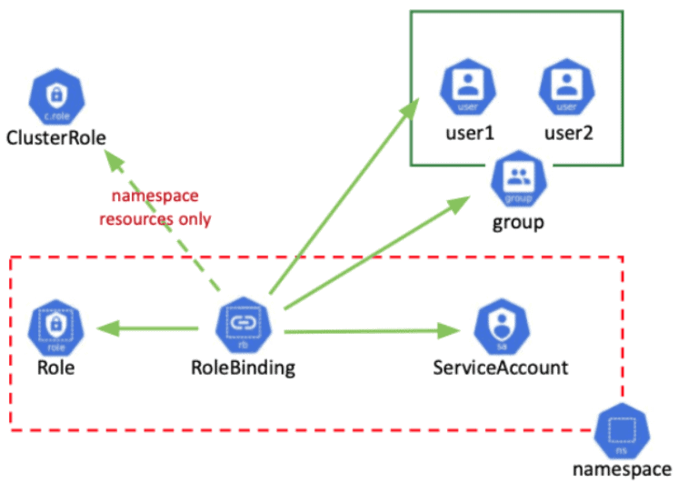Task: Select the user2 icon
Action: pyautogui.click(x=567, y=87)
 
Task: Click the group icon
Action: pyautogui.click(x=519, y=178)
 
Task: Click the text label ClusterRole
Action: pyautogui.click(x=55, y=139)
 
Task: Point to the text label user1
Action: pyautogui.click(x=469, y=133)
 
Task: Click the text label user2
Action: pyautogui.click(x=568, y=133)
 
